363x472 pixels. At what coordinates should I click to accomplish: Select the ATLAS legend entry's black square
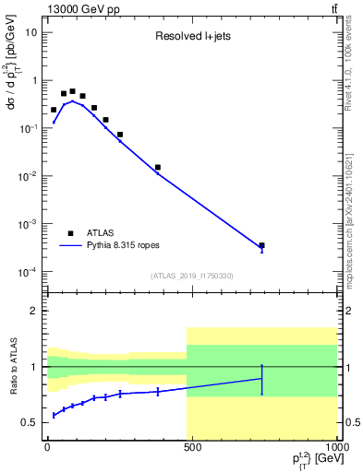71,233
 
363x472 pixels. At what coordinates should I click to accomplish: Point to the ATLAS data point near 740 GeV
261,245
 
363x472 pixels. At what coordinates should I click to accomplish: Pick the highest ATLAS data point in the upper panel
73,91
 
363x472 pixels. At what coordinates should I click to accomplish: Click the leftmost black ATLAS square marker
54,110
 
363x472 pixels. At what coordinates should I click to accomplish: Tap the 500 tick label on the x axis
192,447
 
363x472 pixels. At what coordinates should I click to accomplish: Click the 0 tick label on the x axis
47,447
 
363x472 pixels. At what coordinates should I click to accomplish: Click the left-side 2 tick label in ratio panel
34,312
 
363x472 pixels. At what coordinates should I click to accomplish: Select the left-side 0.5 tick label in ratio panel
30,422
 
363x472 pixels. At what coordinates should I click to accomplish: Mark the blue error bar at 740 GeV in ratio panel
261,379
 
